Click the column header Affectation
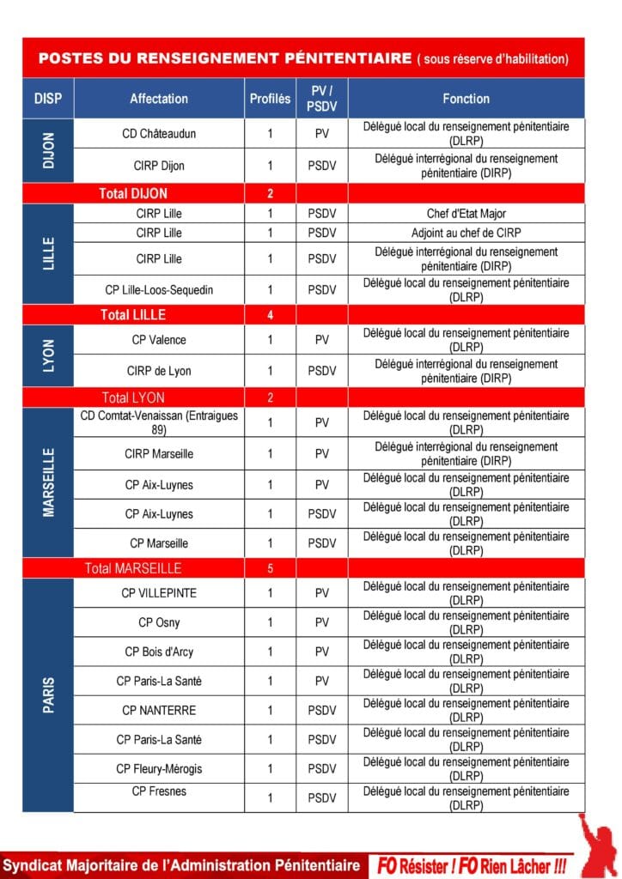(x=159, y=99)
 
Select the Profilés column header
(x=270, y=99)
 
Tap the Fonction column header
(x=466, y=99)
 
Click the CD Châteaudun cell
(x=159, y=134)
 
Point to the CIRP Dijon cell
(x=159, y=166)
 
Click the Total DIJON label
(x=133, y=194)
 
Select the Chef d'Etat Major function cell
(x=466, y=214)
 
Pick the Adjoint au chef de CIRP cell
(x=466, y=233)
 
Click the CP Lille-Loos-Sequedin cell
(x=159, y=290)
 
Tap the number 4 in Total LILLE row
(x=270, y=315)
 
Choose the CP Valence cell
(x=159, y=340)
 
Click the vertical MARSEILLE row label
(x=48, y=482)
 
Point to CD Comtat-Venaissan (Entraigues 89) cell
(x=159, y=422)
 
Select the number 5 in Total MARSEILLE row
(x=270, y=568)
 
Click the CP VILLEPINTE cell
(x=159, y=593)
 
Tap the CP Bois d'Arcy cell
(x=159, y=652)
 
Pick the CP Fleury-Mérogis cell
(x=159, y=768)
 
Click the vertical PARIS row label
(x=48, y=695)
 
